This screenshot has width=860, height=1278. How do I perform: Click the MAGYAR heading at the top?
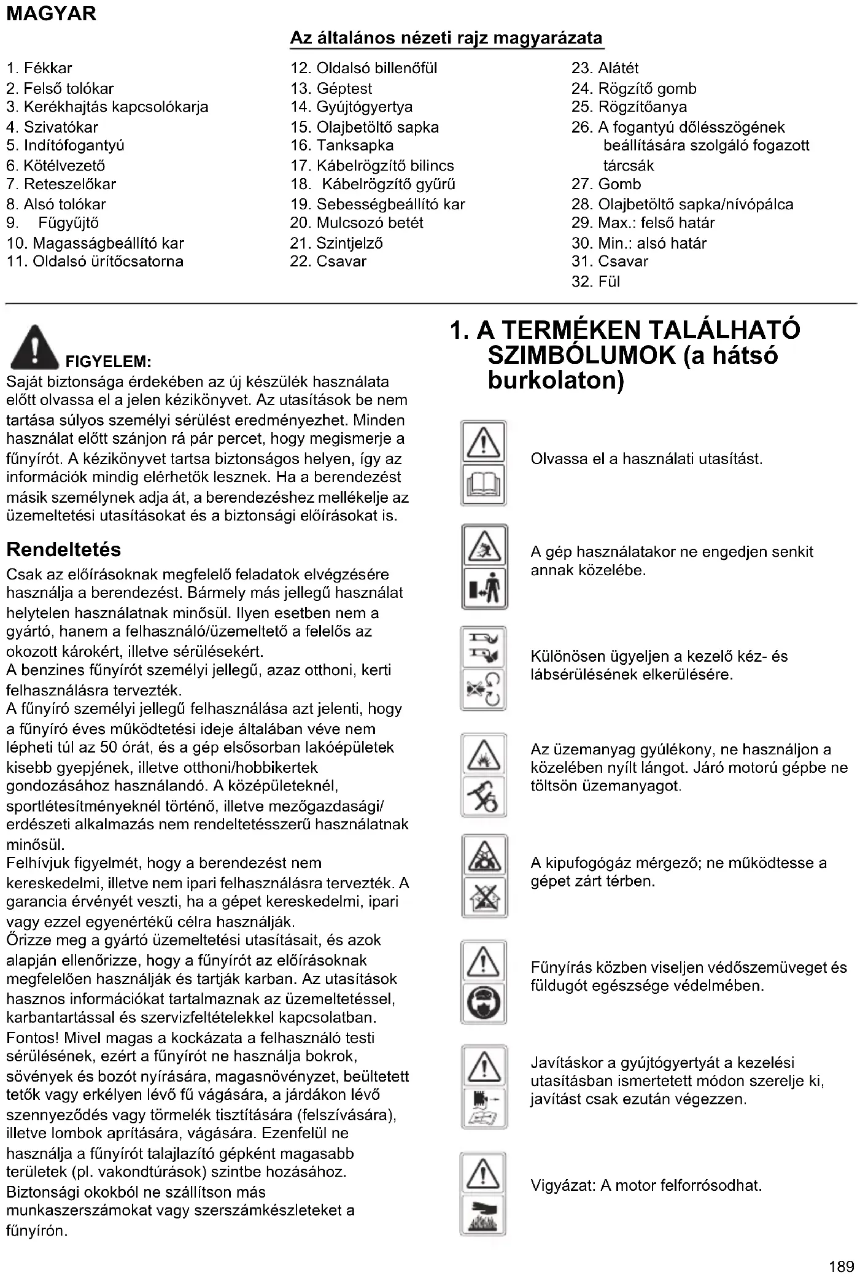(x=52, y=14)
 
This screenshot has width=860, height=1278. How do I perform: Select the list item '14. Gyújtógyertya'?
(x=351, y=107)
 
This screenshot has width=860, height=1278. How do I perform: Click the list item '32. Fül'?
(x=595, y=282)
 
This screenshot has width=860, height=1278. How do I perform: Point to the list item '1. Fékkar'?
(x=39, y=68)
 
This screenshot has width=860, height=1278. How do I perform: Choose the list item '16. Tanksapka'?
(x=342, y=145)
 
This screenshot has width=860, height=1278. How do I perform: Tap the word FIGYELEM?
(x=108, y=361)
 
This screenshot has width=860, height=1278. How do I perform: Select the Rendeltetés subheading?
(x=64, y=549)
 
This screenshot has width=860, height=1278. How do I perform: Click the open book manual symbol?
(x=484, y=486)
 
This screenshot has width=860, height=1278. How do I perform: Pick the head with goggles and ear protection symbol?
(x=484, y=1004)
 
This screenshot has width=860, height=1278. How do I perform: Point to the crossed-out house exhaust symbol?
(x=484, y=897)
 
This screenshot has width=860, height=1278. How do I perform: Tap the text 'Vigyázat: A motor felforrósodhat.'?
(x=646, y=1185)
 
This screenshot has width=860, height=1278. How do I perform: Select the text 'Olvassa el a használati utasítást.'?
(x=646, y=459)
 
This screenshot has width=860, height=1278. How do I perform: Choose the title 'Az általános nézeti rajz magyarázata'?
(x=446, y=38)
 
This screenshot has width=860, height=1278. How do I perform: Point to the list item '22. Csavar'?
(x=328, y=261)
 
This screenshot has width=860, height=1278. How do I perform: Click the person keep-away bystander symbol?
(x=484, y=589)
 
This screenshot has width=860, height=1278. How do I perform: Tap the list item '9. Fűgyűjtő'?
(x=52, y=223)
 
